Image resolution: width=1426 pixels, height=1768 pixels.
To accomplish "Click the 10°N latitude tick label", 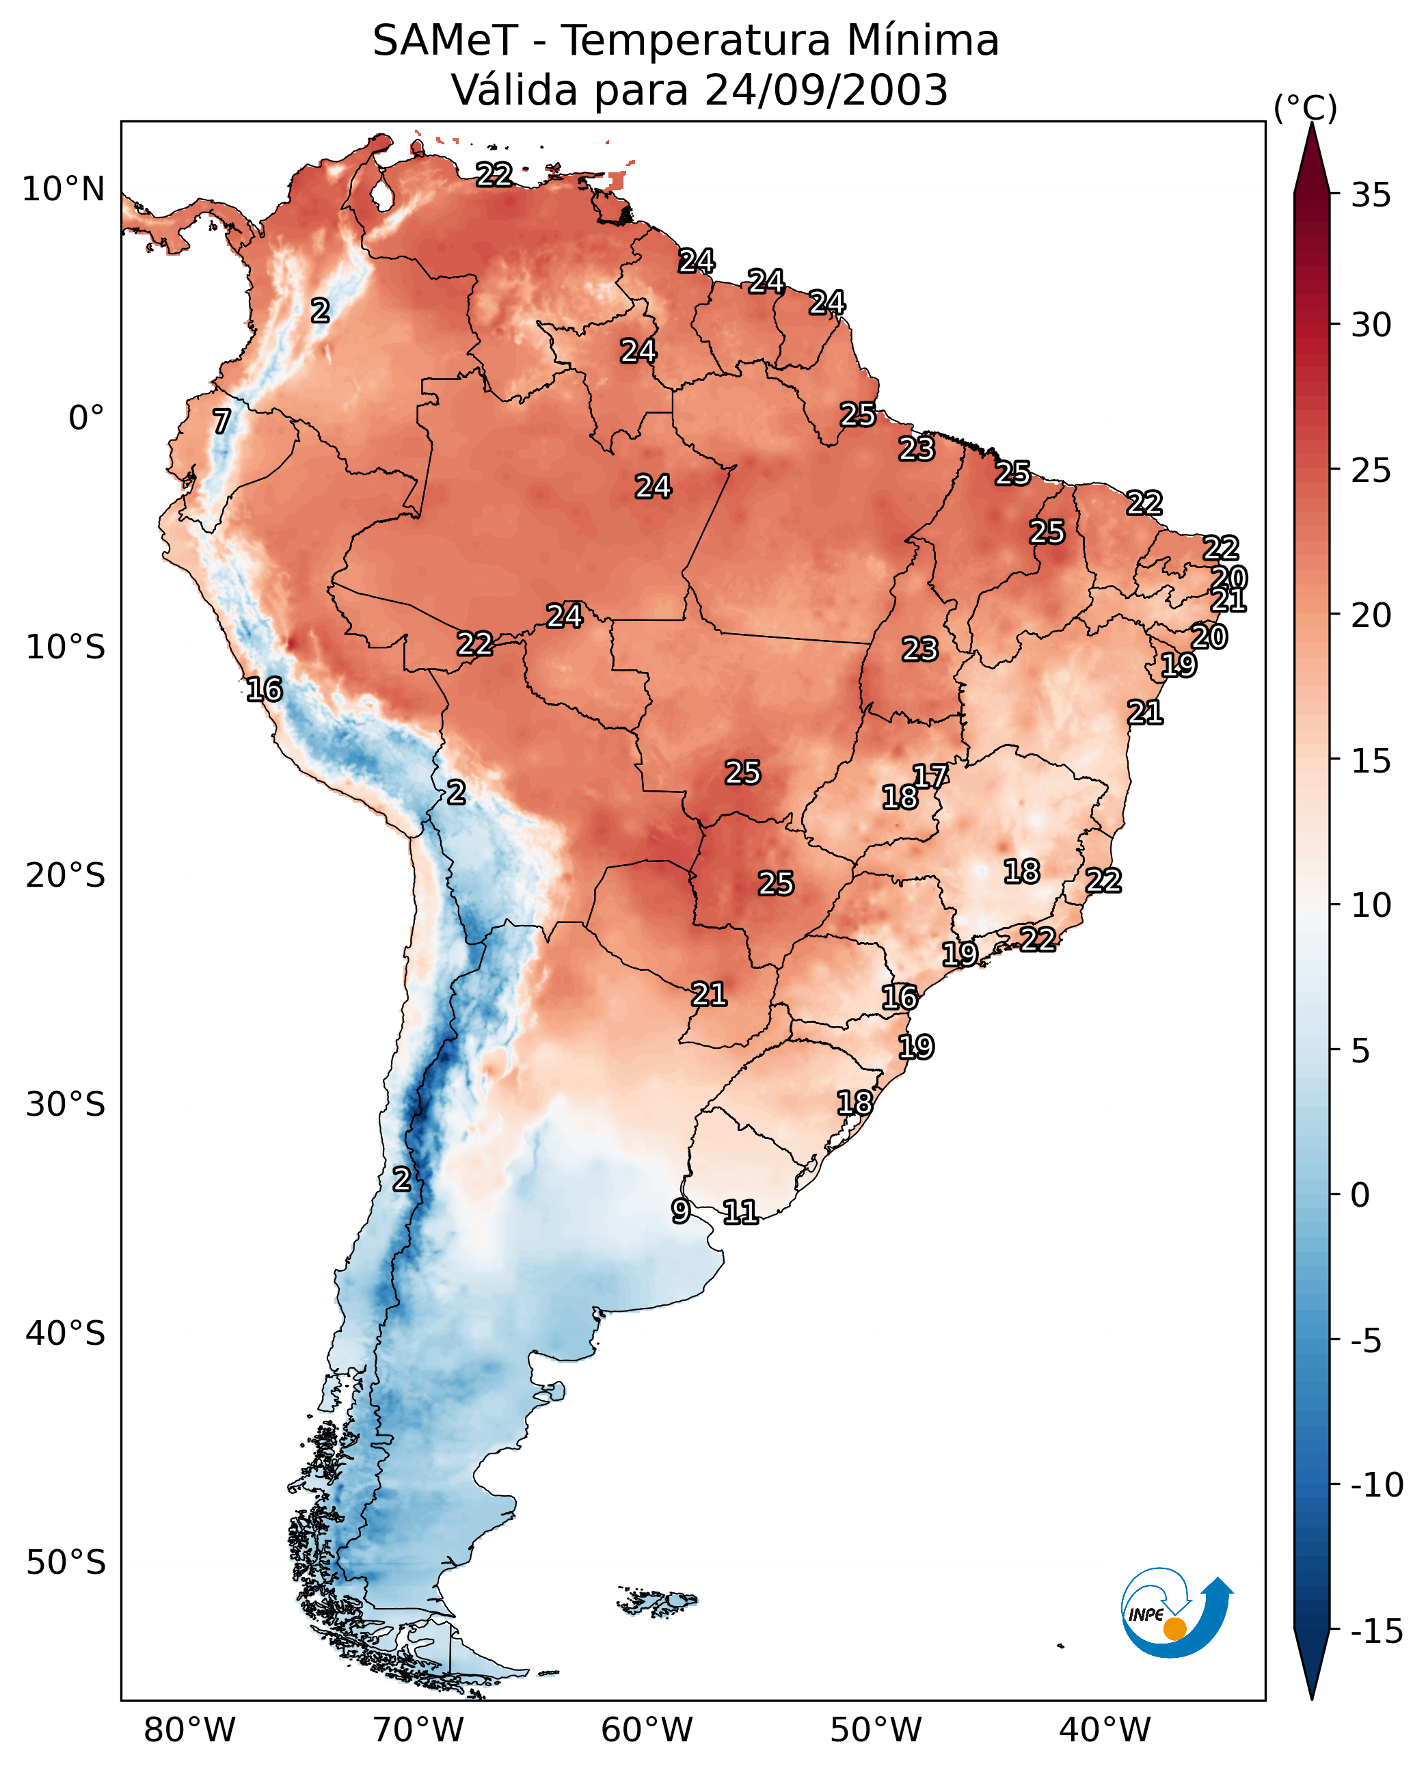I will pyautogui.click(x=64, y=190).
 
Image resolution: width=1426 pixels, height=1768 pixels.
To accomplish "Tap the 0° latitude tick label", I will pyautogui.click(x=86, y=418).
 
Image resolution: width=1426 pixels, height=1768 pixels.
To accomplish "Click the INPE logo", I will pyautogui.click(x=1174, y=1612).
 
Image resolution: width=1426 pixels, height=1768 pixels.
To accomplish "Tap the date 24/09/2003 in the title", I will pyautogui.click(x=826, y=90).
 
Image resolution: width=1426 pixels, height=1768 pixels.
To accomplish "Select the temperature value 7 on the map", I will pyautogui.click(x=221, y=421).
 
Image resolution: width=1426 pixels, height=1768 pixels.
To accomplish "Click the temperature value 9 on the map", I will pyautogui.click(x=681, y=1210).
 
